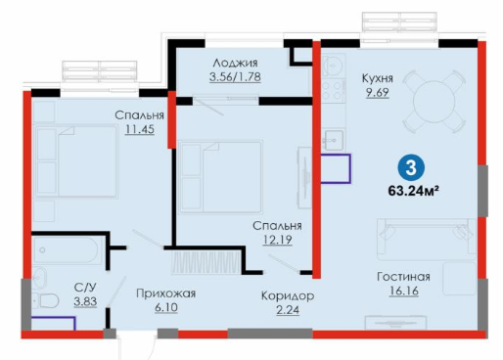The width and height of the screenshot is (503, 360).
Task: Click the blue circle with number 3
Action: pyautogui.click(x=411, y=168)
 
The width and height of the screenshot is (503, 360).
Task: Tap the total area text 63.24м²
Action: pyautogui.click(x=413, y=191)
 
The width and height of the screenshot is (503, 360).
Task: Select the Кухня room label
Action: pyautogui.click(x=378, y=78)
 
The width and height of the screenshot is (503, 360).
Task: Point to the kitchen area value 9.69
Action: pyautogui.click(x=378, y=93)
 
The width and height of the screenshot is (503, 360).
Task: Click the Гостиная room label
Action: pyautogui.click(x=403, y=277)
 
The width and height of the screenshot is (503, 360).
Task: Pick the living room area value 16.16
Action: pyautogui.click(x=403, y=291)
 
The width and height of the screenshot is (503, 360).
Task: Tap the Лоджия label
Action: pyautogui.click(x=235, y=63)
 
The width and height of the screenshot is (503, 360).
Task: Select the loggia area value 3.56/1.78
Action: pyautogui.click(x=235, y=77)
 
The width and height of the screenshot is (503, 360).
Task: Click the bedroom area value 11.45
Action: pyautogui.click(x=140, y=129)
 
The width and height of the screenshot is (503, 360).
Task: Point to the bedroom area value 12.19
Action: pyautogui.click(x=277, y=240)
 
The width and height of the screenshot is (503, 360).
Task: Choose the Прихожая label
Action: pyautogui.click(x=165, y=293)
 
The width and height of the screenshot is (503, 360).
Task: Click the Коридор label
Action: pyautogui.click(x=288, y=296)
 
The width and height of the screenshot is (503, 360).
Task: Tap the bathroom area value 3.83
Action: pyautogui.click(x=85, y=302)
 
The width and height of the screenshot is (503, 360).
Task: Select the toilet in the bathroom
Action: pyautogui.click(x=45, y=300)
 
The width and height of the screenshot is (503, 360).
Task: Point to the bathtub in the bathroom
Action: pyautogui.click(x=66, y=250)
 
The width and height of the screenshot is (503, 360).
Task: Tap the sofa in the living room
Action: pyautogui.click(x=427, y=240)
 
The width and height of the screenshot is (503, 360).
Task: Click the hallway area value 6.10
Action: pyautogui.click(x=166, y=308)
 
